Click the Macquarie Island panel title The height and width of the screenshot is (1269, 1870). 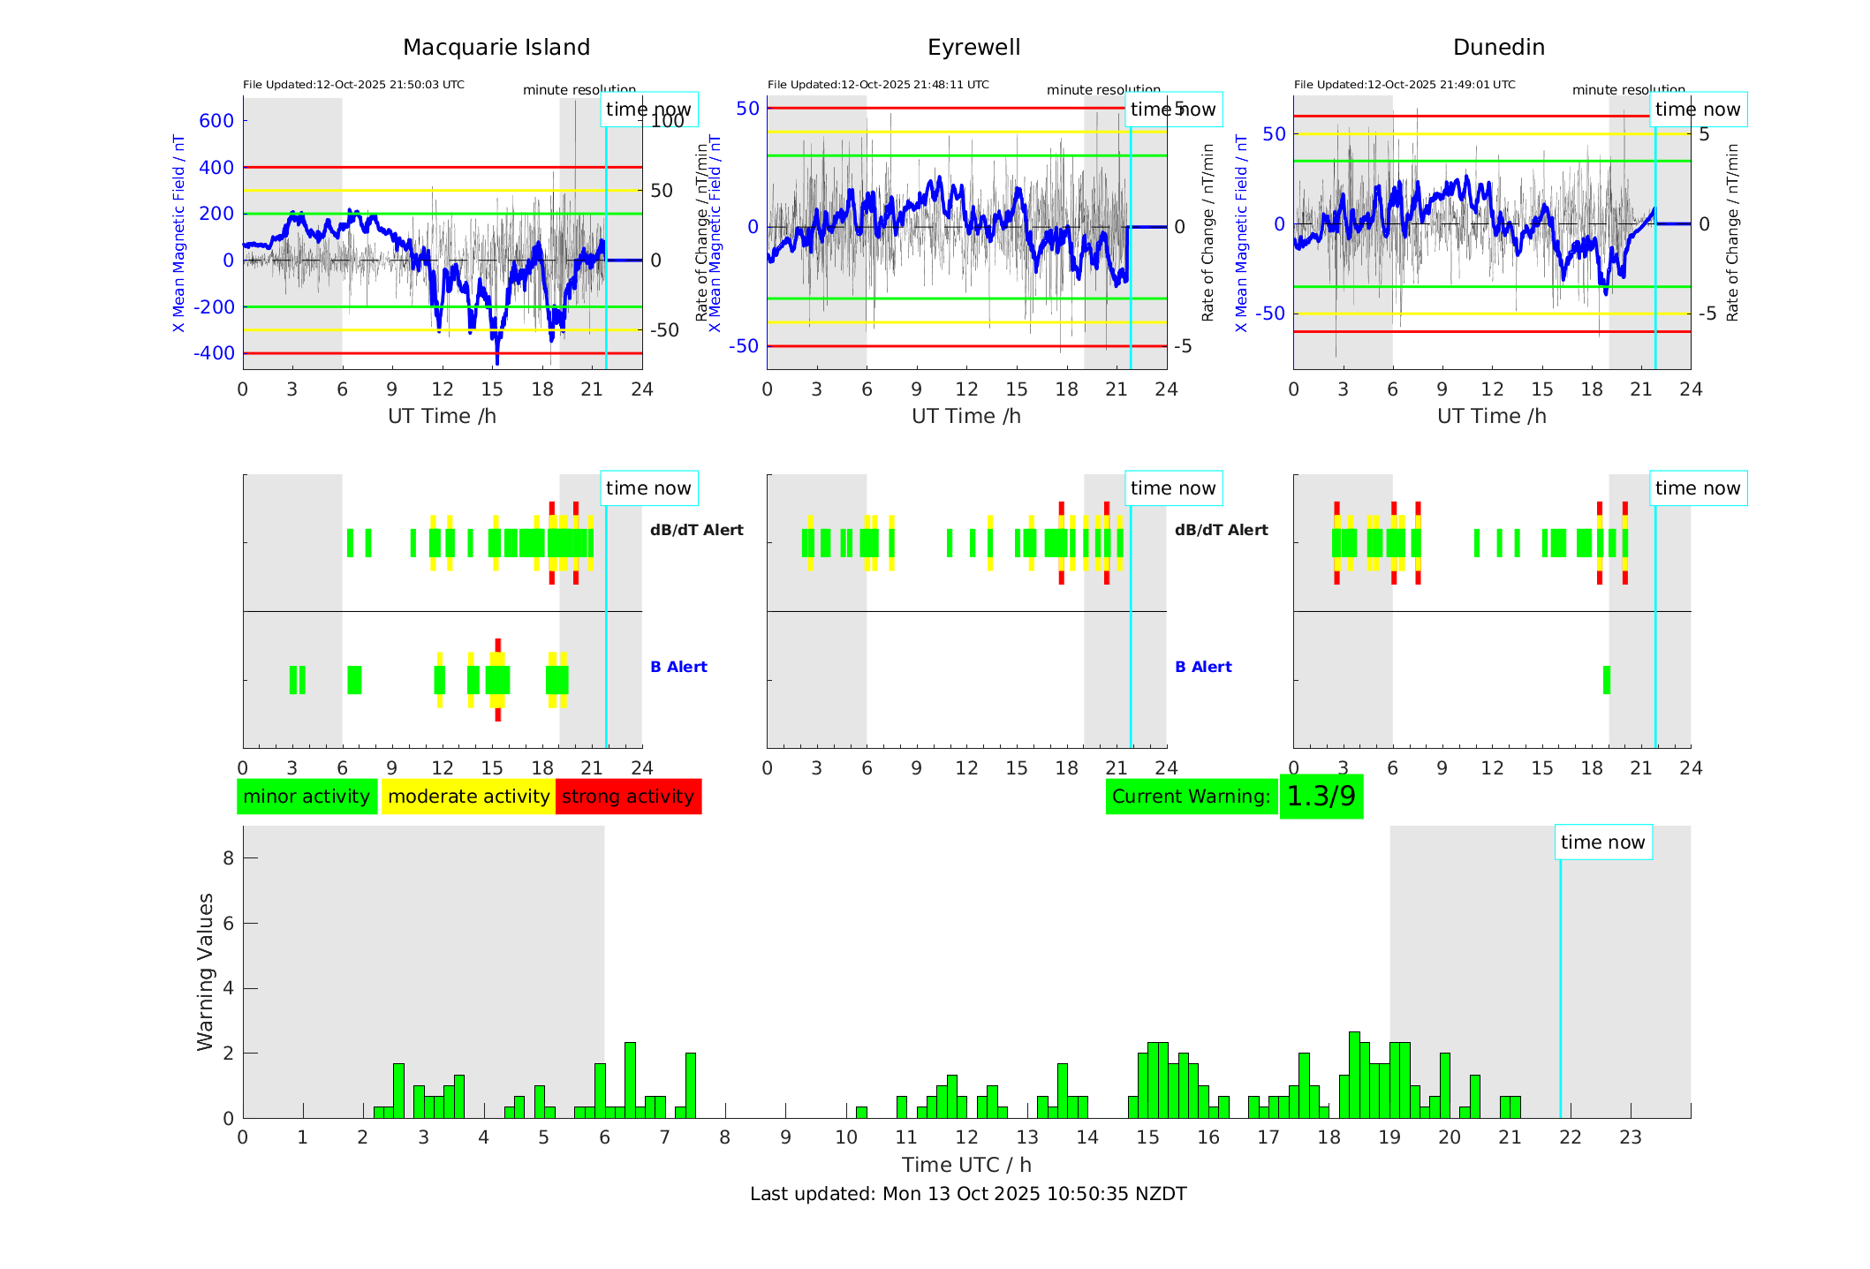click(496, 48)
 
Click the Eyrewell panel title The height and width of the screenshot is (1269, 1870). click(973, 48)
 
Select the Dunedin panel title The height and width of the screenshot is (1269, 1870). click(1498, 48)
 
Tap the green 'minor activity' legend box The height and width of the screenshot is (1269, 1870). click(307, 797)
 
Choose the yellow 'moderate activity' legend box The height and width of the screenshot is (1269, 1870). click(468, 797)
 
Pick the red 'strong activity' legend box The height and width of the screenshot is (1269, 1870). click(628, 797)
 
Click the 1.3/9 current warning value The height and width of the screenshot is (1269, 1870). click(1321, 797)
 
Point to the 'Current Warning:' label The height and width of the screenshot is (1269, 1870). click(1191, 797)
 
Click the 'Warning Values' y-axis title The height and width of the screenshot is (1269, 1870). click(205, 971)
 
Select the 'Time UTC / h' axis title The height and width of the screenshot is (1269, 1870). click(966, 1165)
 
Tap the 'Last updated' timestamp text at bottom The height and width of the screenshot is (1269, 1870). click(968, 1194)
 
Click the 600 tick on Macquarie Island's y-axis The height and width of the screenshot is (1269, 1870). click(216, 121)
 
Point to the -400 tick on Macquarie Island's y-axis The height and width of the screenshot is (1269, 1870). click(215, 353)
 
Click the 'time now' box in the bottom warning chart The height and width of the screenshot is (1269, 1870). click(1602, 842)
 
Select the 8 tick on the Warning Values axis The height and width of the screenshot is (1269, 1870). click(228, 858)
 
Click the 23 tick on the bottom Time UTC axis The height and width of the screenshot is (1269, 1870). click(1630, 1137)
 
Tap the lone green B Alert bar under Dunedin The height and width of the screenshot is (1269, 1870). click(1606, 680)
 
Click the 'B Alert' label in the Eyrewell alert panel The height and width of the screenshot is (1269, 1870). click(1203, 668)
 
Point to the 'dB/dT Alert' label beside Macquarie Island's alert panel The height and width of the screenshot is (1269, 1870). click(696, 531)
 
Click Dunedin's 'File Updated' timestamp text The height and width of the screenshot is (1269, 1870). click(1404, 85)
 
